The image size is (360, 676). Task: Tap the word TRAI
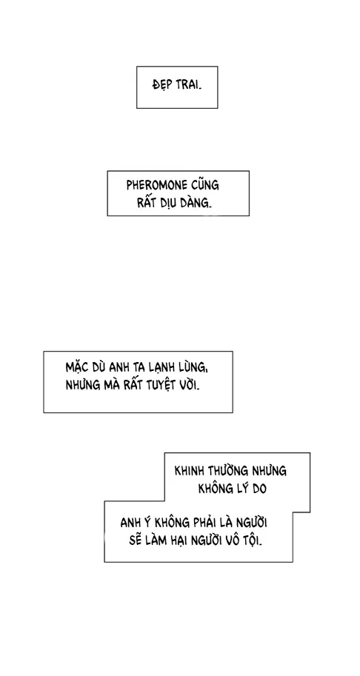(188, 85)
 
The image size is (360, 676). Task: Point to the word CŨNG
(204, 185)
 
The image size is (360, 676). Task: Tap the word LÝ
(237, 489)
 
